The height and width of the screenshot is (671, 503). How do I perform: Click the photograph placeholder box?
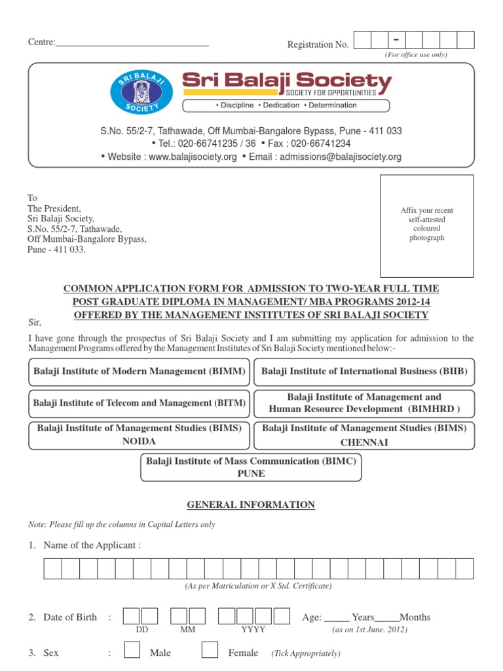tap(427, 225)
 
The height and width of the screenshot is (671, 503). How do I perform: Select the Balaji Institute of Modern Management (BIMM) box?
tap(140, 372)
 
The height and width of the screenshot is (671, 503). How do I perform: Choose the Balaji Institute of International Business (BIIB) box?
tap(364, 372)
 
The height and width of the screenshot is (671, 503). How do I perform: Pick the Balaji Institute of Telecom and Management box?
tap(140, 402)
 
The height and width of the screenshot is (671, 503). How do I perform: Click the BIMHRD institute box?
tap(364, 402)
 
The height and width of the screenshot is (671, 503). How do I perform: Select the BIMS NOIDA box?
tap(140, 435)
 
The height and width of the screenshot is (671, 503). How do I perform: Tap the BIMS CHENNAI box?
tap(364, 435)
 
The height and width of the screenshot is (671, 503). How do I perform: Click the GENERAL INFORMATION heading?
tap(251, 505)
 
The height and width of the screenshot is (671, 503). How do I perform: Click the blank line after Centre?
tap(132, 43)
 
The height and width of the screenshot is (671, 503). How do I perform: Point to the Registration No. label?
tap(318, 45)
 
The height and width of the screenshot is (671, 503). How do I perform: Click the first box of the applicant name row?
tap(53, 569)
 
